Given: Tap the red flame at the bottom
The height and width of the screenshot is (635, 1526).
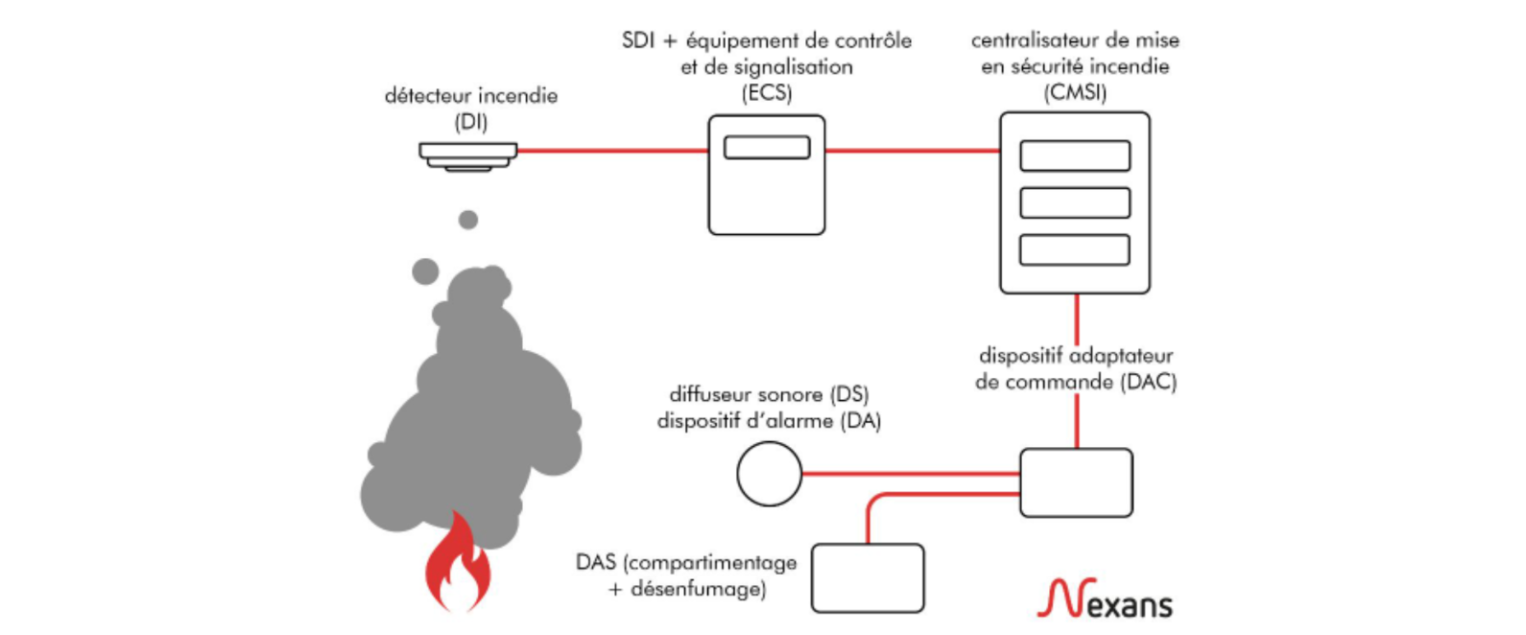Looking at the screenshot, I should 458,567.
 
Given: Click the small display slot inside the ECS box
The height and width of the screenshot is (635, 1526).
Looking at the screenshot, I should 766,148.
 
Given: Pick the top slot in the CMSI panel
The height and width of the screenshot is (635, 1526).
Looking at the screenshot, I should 1074,155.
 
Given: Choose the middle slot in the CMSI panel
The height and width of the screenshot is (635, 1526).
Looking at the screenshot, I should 1074,203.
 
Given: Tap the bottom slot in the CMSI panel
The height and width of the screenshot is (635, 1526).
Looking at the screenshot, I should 1074,250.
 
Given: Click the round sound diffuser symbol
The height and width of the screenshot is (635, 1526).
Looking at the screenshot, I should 769,474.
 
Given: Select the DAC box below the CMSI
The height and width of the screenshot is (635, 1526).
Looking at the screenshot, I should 1075,482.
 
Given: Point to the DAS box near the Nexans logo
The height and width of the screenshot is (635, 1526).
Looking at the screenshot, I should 867,578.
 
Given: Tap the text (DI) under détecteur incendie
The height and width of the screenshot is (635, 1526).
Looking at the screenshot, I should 470,123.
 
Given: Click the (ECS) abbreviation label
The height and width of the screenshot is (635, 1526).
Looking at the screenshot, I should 766,93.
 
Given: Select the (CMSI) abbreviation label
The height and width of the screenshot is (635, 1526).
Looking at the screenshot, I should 1075,93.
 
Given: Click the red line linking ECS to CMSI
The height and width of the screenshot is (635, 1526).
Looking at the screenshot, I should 912,151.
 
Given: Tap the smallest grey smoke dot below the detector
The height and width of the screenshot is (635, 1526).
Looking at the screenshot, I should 468,221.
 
